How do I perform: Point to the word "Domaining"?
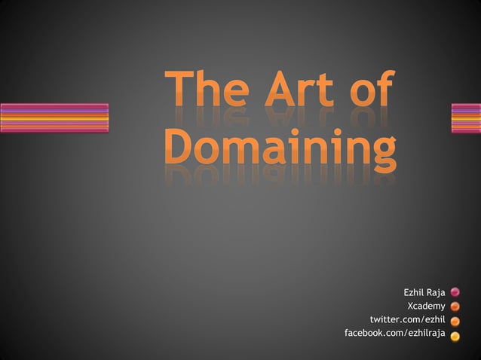pyautogui.click(x=279, y=148)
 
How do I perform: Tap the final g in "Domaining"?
pyautogui.click(x=380, y=152)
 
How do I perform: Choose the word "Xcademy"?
pyautogui.click(x=426, y=306)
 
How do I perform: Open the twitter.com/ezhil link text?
pyautogui.click(x=407, y=319)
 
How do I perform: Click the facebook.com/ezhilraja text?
pyautogui.click(x=394, y=333)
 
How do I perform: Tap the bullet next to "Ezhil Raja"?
pyautogui.click(x=456, y=292)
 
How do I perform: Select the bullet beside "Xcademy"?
pyautogui.click(x=456, y=307)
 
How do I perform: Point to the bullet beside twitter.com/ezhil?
pyautogui.click(x=456, y=321)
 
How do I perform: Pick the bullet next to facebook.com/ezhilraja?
pyautogui.click(x=456, y=334)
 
